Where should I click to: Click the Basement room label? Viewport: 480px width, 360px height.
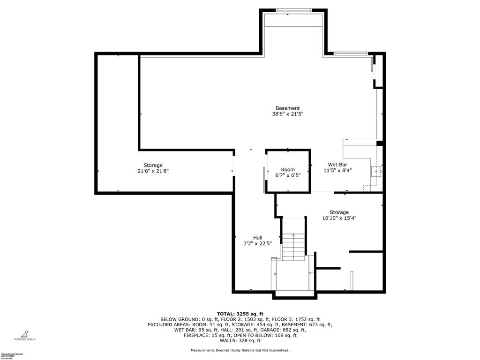click(287, 108)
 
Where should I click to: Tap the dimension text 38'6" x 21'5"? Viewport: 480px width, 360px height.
click(287, 114)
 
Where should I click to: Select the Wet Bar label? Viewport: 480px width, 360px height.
click(337, 165)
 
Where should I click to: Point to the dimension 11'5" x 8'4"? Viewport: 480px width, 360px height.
click(337, 171)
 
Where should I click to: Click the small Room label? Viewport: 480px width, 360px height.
click(288, 170)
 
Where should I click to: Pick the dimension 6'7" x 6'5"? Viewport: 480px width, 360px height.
click(288, 175)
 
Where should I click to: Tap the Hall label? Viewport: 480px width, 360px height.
click(258, 238)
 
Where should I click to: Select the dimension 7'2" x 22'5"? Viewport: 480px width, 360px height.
click(258, 244)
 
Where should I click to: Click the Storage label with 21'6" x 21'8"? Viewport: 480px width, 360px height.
click(153, 165)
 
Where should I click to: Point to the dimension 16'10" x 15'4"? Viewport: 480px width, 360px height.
click(339, 218)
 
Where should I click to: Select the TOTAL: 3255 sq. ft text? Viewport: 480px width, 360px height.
click(240, 314)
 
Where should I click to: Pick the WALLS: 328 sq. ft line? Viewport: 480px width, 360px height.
click(240, 341)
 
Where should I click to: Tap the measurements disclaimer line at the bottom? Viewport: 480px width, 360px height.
click(240, 351)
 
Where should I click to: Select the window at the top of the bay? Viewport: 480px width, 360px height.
click(294, 10)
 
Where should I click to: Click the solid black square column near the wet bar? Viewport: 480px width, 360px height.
click(380, 143)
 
